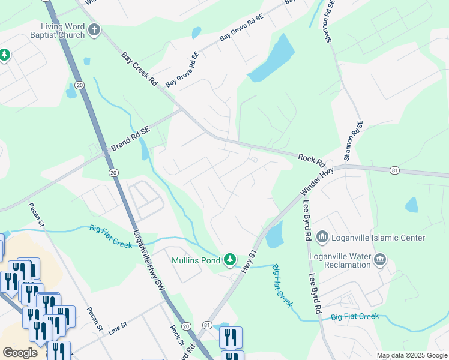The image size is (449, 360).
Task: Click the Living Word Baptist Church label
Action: point(63,31)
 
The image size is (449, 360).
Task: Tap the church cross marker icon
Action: point(94,30)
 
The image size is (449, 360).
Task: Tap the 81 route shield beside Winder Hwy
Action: point(394,170)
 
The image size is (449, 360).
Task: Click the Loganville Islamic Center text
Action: point(379,238)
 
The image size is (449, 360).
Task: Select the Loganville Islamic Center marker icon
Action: point(322,238)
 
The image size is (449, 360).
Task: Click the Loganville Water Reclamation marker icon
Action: point(379,259)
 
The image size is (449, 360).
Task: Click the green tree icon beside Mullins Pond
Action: point(229,259)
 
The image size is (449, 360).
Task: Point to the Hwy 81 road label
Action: point(249,261)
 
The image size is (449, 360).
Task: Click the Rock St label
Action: point(176,335)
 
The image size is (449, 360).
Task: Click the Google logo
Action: point(20,352)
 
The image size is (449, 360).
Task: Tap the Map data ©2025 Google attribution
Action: point(412,355)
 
